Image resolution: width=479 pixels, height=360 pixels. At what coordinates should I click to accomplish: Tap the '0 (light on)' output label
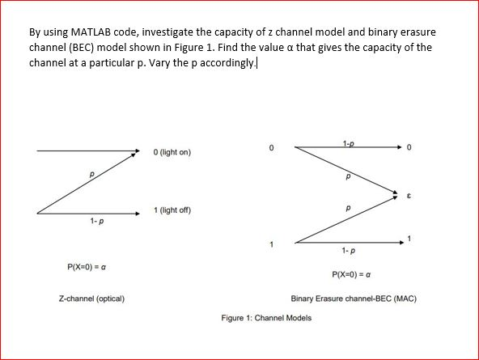point(172,152)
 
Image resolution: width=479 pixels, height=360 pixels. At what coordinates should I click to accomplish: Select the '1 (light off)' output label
point(172,210)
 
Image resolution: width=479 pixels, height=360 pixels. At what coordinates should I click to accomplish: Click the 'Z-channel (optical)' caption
point(91,299)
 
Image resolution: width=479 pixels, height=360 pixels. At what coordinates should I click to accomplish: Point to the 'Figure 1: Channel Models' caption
point(266,318)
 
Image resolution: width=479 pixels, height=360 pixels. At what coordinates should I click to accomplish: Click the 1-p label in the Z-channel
point(95,221)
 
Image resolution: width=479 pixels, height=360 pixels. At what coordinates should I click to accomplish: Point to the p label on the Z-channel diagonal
point(91,173)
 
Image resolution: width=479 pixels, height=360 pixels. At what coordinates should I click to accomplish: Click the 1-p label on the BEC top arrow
point(347,143)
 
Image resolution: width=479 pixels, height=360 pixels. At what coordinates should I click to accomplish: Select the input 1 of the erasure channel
point(272,244)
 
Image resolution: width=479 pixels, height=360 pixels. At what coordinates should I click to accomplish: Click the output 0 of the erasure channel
point(410,148)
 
